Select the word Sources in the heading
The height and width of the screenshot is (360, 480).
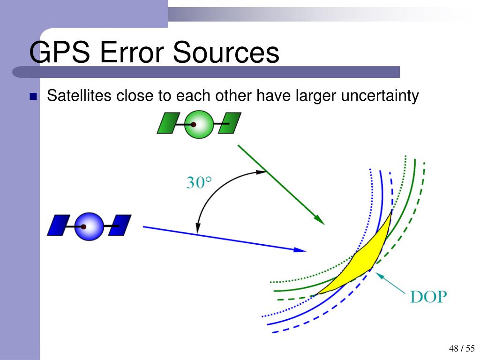[226, 53]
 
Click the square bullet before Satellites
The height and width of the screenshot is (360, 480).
[33, 97]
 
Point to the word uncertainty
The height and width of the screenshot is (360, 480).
[380, 96]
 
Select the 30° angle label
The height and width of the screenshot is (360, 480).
[199, 182]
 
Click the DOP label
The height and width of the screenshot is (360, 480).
[428, 297]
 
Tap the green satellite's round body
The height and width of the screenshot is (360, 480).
[199, 124]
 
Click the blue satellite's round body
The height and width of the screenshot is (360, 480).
[89, 227]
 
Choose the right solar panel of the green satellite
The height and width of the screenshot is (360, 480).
[230, 123]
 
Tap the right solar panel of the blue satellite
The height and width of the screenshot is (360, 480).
[120, 225]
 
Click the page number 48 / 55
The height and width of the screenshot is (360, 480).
[461, 348]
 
